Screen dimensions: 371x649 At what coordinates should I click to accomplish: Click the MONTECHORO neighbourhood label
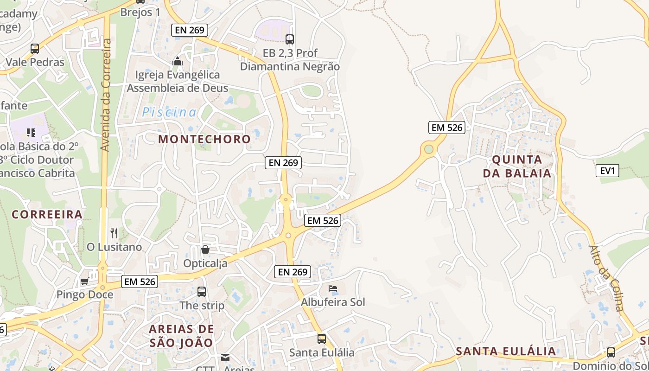pos(204,139)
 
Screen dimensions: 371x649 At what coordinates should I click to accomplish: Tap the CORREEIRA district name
pos(47,214)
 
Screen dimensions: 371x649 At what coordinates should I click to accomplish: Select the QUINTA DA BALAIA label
pos(517,166)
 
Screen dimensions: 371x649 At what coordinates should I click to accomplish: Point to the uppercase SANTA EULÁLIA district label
pos(506,351)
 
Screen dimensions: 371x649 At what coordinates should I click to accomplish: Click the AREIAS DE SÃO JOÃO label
pos(181,336)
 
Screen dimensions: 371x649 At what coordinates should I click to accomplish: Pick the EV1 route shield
pos(607,171)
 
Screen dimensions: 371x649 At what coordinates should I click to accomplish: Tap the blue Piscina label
pos(169,112)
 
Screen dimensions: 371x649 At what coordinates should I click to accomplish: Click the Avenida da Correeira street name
pos(105,95)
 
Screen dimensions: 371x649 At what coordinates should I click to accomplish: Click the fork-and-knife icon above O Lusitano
pos(114,233)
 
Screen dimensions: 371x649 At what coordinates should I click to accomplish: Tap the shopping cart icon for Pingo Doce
pos(84,281)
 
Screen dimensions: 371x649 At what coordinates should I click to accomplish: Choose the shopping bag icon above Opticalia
pos(205,249)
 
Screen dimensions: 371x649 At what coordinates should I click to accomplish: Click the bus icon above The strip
pos(202,292)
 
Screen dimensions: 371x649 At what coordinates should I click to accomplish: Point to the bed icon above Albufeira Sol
pos(333,288)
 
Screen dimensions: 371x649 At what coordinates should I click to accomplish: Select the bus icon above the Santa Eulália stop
pos(322,339)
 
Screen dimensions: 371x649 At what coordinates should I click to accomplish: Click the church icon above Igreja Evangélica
pos(177,61)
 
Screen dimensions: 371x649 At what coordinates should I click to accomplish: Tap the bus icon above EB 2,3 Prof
pos(290,39)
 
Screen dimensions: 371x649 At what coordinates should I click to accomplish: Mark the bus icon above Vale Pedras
pos(34,49)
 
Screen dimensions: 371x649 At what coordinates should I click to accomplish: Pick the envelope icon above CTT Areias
pos(225,358)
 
